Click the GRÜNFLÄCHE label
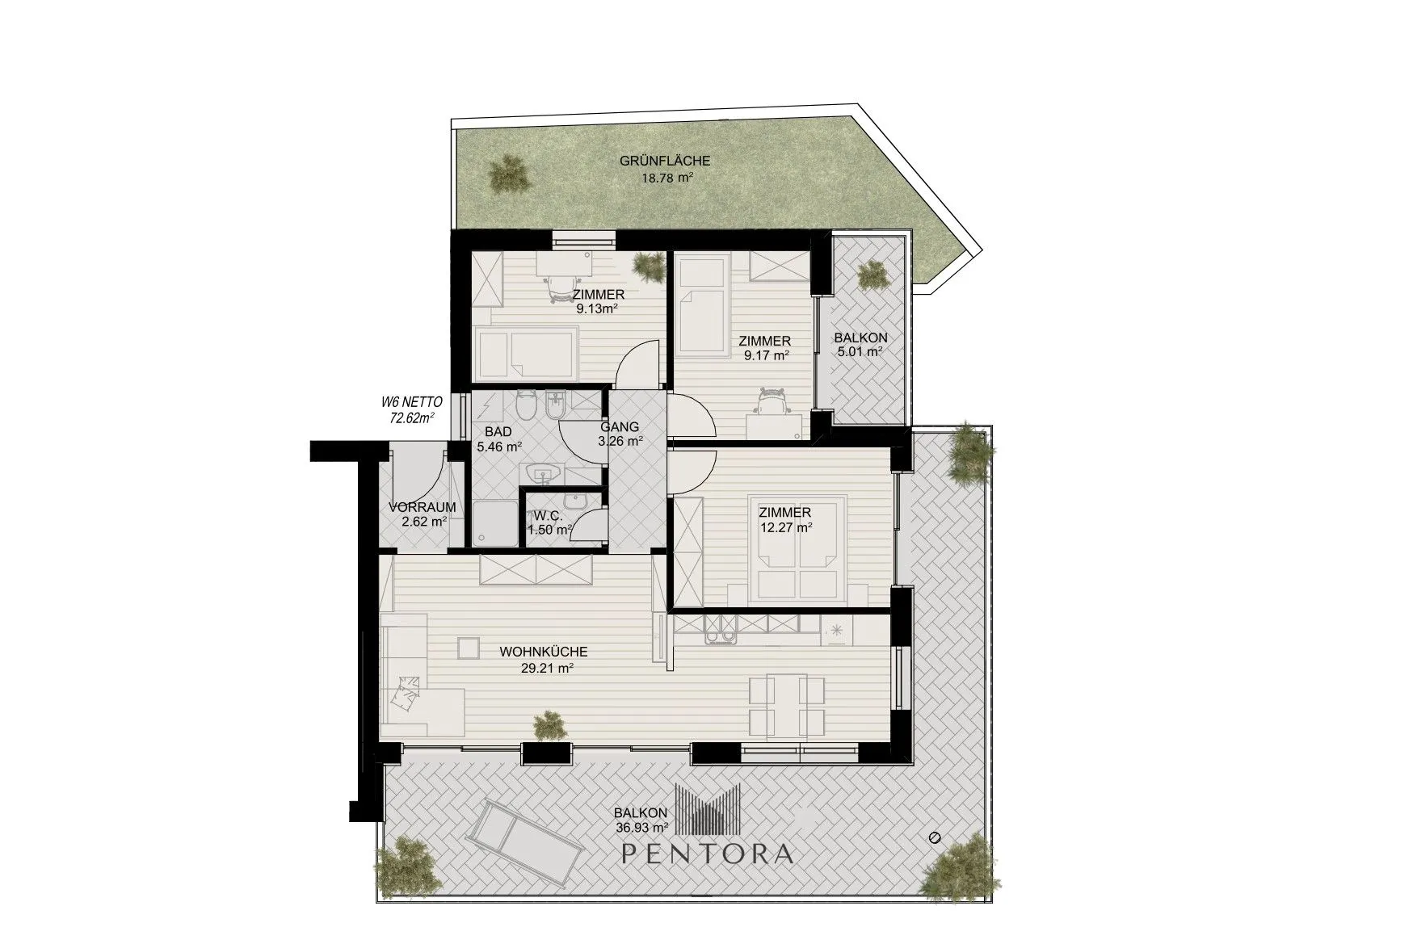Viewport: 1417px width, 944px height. [665, 162]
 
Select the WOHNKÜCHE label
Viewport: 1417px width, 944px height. [543, 652]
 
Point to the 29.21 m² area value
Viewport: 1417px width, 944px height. [547, 668]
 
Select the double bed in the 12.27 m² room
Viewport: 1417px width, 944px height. [798, 548]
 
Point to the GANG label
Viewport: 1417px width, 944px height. [620, 427]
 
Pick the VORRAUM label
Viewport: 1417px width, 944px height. [422, 507]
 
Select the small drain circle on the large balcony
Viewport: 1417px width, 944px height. [936, 837]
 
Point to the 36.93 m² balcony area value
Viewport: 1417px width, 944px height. [641, 827]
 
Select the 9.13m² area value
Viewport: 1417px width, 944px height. [598, 308]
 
